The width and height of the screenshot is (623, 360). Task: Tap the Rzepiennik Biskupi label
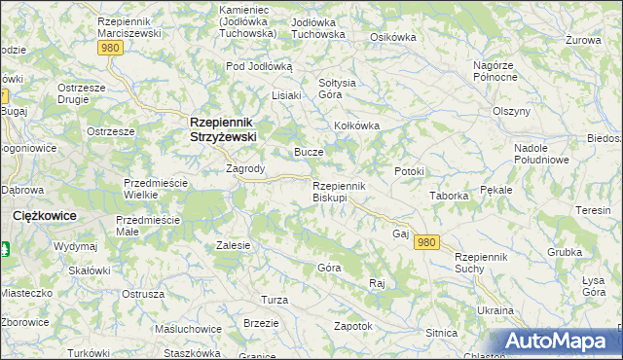[338, 192]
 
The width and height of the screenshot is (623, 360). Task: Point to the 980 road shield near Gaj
[425, 241]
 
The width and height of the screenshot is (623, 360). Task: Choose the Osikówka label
[393, 37]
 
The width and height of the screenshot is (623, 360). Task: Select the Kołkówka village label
[356, 126]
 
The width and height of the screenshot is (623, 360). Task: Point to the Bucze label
[309, 153]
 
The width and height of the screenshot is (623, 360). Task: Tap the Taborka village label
[450, 195]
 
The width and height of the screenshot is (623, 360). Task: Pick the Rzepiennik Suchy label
[482, 262]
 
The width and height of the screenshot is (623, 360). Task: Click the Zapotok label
[353, 326]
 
